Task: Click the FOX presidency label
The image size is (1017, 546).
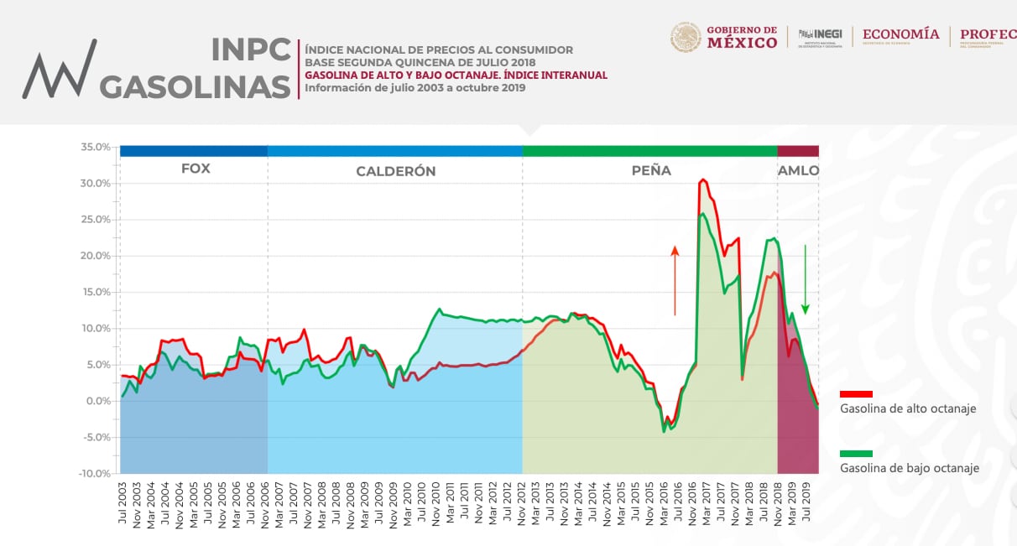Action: (x=196, y=169)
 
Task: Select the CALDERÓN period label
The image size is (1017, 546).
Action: (x=396, y=171)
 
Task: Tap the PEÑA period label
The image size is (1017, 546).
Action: (x=651, y=170)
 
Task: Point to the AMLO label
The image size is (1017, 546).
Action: (x=799, y=170)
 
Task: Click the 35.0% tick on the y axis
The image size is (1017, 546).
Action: (x=96, y=147)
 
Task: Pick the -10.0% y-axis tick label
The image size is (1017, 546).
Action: (x=95, y=474)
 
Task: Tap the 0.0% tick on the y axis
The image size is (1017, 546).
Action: (x=99, y=401)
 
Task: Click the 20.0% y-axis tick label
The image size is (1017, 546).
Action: (x=96, y=256)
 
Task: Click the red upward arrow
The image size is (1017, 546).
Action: (x=675, y=280)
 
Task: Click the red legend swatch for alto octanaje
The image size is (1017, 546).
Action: (x=856, y=393)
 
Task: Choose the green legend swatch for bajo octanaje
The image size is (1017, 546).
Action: (x=856, y=454)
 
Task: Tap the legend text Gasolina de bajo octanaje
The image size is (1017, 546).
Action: (x=910, y=469)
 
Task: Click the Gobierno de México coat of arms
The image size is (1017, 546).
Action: (x=686, y=37)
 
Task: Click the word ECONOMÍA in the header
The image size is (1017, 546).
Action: (x=900, y=34)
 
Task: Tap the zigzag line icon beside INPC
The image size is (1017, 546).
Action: (x=60, y=70)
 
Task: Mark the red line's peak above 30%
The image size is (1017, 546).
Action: (x=703, y=179)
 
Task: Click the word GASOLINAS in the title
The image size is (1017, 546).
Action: (x=196, y=86)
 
